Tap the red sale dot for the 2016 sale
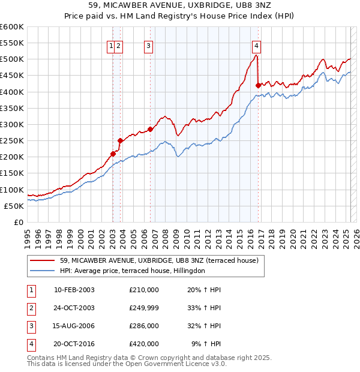pyautogui.click(x=258, y=85)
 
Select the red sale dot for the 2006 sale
pyautogui.click(x=150, y=129)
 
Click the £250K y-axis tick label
pyautogui.click(x=11, y=141)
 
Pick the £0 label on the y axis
pyautogui.click(x=19, y=223)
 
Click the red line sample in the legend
pyautogui.click(x=42, y=261)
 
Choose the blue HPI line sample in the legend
pyautogui.click(x=42, y=271)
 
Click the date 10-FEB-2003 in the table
pyautogui.click(x=74, y=290)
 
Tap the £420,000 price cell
pyautogui.click(x=144, y=344)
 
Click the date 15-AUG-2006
pyautogui.click(x=74, y=326)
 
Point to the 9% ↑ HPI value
pyautogui.click(x=206, y=344)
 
